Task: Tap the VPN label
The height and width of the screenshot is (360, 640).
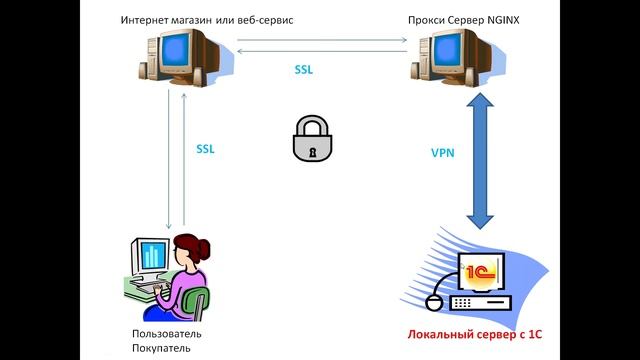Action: coord(444,153)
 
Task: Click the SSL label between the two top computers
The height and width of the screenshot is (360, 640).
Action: coord(305,70)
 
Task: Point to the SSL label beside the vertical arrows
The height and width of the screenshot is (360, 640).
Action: coord(205,149)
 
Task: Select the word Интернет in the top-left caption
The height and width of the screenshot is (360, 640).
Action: coord(147,20)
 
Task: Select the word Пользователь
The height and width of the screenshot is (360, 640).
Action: coord(166,332)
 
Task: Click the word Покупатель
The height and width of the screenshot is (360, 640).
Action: coord(160,347)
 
